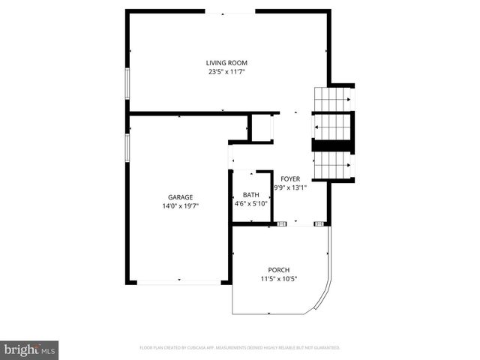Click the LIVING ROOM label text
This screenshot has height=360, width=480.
pyautogui.click(x=226, y=63)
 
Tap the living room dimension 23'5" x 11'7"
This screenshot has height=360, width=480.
pyautogui.click(x=226, y=72)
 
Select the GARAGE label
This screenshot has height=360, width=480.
pyautogui.click(x=180, y=197)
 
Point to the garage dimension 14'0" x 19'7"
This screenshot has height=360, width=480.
pyautogui.click(x=180, y=206)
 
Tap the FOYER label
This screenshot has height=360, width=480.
pyautogui.click(x=290, y=178)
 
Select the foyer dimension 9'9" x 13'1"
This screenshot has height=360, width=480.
pyautogui.click(x=290, y=187)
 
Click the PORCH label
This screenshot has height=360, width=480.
pyautogui.click(x=279, y=270)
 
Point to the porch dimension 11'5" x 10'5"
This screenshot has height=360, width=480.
pyautogui.click(x=279, y=279)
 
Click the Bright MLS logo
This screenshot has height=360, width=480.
pyautogui.click(x=30, y=349)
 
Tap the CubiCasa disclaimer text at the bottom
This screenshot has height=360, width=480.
pyautogui.click(x=240, y=348)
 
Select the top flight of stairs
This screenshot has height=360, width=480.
pyautogui.click(x=331, y=99)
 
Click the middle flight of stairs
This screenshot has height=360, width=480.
pyautogui.click(x=331, y=127)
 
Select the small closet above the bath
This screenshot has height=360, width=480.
pyautogui.click(x=261, y=127)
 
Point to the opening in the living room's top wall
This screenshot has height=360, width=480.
pyautogui.click(x=229, y=11)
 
